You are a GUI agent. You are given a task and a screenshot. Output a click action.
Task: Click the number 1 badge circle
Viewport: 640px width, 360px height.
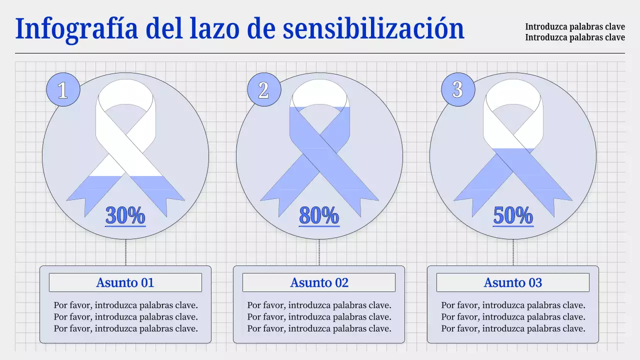(x=62, y=90)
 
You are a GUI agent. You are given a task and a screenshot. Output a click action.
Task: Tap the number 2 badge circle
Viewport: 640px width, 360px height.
(x=263, y=90)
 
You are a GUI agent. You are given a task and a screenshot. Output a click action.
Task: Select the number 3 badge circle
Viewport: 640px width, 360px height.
(x=457, y=90)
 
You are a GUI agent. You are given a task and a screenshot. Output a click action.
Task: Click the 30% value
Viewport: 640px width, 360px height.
(x=125, y=215)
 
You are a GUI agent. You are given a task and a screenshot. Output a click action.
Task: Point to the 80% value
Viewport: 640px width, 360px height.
(x=319, y=215)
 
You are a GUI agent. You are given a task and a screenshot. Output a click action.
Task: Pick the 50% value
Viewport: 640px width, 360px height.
(x=513, y=215)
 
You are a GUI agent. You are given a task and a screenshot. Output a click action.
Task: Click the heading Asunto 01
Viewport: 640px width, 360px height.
(x=125, y=282)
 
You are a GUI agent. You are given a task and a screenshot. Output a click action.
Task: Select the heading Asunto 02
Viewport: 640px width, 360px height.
(x=319, y=282)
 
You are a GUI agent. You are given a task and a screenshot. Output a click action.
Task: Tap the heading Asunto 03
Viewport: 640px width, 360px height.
(x=513, y=282)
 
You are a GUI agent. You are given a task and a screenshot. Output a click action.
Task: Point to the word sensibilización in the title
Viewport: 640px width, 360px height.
(x=373, y=29)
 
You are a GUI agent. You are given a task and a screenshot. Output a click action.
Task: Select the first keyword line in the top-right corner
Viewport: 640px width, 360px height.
(x=575, y=27)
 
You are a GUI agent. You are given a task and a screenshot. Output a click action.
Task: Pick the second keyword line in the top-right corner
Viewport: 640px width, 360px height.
(x=575, y=37)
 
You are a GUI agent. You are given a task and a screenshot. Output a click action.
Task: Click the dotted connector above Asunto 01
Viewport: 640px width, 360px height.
(x=125, y=252)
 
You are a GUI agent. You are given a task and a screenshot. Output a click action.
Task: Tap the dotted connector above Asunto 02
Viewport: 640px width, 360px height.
(x=319, y=252)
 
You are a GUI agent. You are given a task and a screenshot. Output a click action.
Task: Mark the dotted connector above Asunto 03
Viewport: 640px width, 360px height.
(x=513, y=252)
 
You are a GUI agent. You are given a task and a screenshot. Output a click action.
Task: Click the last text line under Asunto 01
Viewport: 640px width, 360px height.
(x=126, y=328)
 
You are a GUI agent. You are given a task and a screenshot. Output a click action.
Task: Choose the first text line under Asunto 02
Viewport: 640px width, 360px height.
(x=319, y=305)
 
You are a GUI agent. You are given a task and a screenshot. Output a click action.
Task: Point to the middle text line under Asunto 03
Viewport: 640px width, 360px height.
(x=513, y=317)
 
